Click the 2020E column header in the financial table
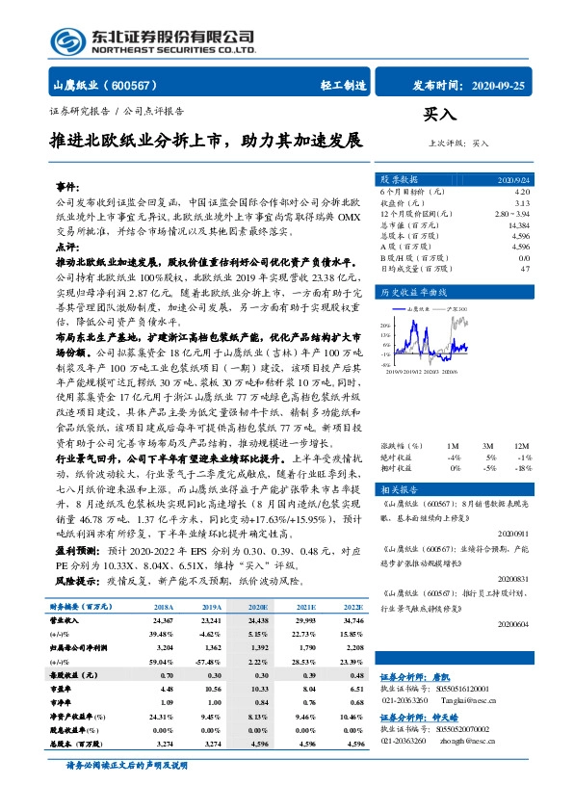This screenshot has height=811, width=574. [257, 608]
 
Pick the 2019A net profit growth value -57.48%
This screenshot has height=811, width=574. [208, 664]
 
